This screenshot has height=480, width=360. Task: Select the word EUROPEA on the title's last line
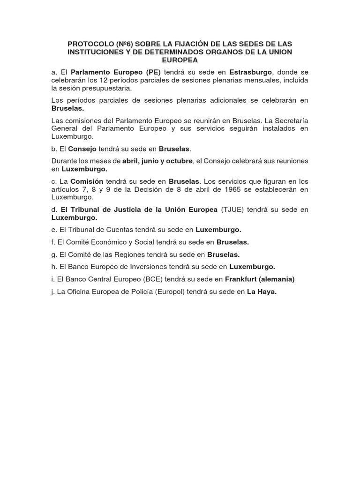click(180, 60)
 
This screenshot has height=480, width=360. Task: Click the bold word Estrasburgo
click(251, 72)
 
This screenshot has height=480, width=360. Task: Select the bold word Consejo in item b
click(82, 149)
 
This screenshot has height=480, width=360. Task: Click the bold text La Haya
click(262, 291)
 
